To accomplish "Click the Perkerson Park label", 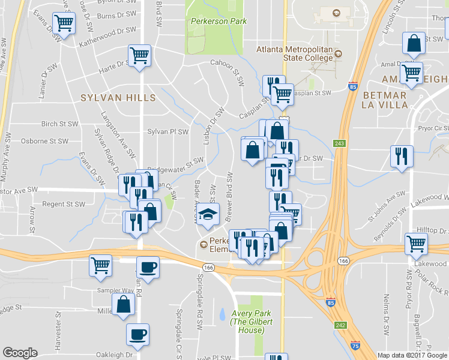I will (x=218, y=21).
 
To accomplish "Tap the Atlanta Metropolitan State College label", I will (x=294, y=53).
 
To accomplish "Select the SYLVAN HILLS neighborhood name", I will (x=118, y=97).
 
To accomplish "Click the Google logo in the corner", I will (x=20, y=353).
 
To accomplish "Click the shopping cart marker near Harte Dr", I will (x=139, y=55).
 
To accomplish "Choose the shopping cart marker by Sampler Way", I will (x=100, y=265).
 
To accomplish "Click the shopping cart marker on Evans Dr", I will (x=63, y=23).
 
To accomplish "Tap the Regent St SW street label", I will (x=64, y=204).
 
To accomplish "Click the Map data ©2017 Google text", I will (x=412, y=355).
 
